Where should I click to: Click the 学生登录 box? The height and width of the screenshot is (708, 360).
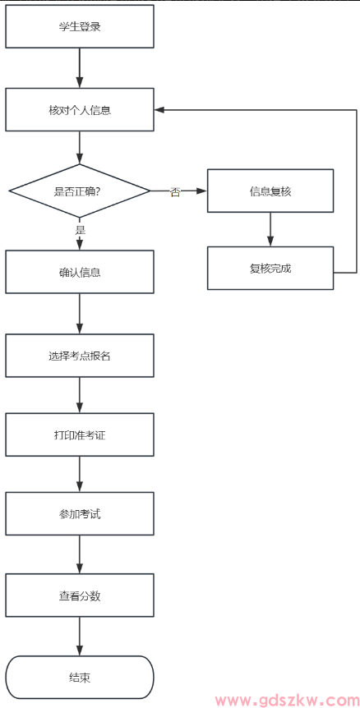pos(80,26)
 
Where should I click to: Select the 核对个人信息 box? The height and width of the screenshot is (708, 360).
pos(80,109)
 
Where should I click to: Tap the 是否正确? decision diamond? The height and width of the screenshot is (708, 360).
pos(80,191)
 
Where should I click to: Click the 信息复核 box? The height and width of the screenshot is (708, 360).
pos(270,191)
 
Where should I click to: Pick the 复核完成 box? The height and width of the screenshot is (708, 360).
pos(270,268)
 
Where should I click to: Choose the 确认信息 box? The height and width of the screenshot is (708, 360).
pos(80,272)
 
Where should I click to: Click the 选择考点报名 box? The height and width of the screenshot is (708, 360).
pos(80,356)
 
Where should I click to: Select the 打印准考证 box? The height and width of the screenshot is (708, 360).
pos(80,434)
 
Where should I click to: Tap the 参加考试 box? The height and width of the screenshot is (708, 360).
pos(80,513)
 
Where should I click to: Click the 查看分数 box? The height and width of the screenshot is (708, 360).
pos(80,595)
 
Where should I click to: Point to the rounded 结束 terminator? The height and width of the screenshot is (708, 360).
pos(80,678)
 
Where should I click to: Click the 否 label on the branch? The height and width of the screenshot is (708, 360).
pos(175,191)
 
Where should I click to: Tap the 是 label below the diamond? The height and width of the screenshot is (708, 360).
pos(80,230)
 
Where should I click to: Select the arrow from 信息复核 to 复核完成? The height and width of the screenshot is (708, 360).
pos(270,229)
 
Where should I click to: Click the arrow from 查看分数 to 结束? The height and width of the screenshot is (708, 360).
pos(80,636)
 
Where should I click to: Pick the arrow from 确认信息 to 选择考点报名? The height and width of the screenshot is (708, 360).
pos(80,313)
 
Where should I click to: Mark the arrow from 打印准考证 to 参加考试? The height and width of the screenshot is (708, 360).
pos(80,474)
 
